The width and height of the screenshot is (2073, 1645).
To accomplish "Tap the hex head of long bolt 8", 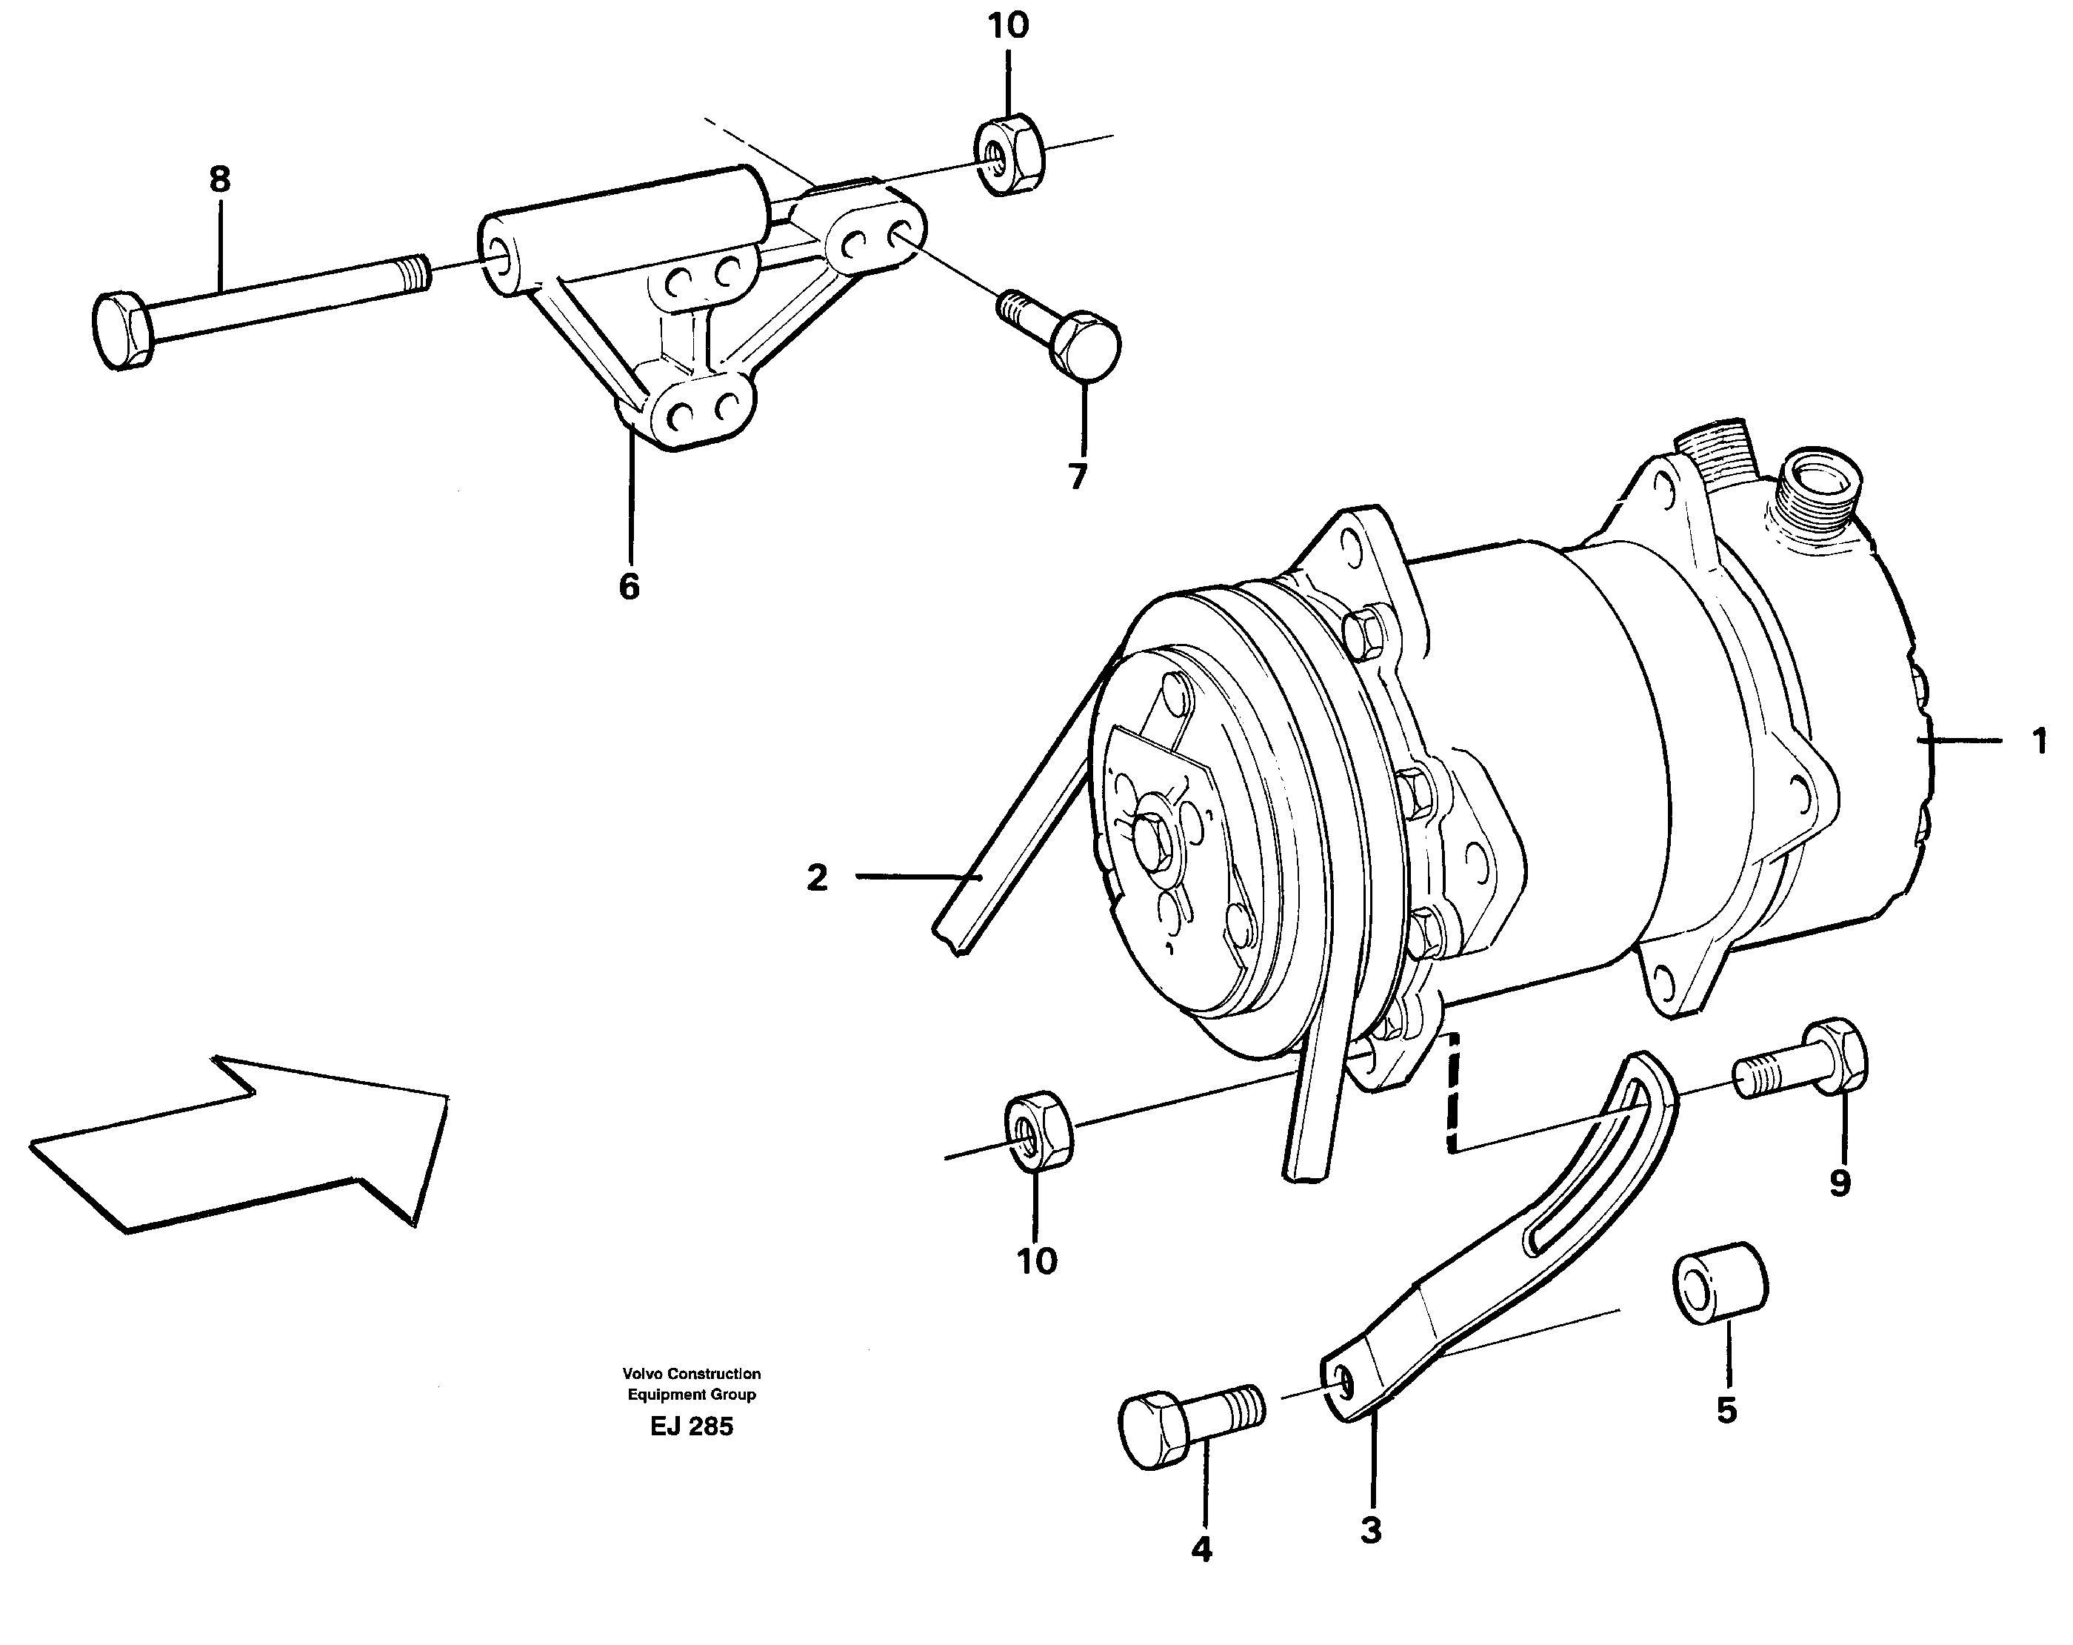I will pos(122,331).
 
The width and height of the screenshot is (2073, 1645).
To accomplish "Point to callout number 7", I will pos(1078,476).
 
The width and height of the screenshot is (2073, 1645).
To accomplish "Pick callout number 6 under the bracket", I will pos(629,586).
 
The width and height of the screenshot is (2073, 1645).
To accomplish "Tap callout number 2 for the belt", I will pos(818,877).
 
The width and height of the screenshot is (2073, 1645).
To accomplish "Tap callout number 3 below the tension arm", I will pos(1371,1529).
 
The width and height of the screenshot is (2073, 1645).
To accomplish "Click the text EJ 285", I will pos(691,1426).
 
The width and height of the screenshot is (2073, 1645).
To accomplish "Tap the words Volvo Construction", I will pos(691,1374).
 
